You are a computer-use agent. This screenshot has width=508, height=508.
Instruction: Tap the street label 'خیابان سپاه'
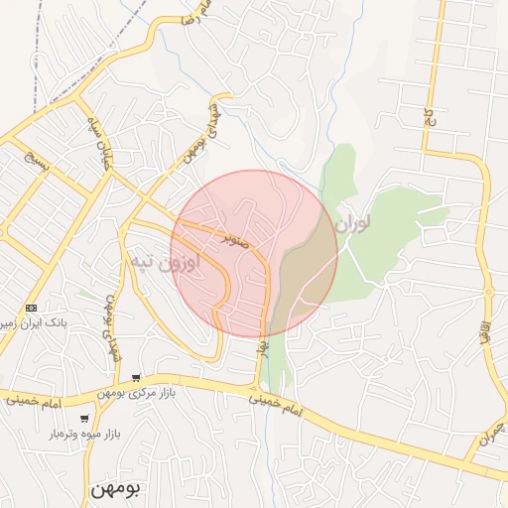(x=103, y=149)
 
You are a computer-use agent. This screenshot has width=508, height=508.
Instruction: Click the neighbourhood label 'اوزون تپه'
(x=164, y=264)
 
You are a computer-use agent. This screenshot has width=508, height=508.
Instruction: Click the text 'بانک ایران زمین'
(x=35, y=324)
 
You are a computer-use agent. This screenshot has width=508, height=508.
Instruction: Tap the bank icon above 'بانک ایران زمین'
(x=32, y=309)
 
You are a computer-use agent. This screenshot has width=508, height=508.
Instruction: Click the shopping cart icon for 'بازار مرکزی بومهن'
(x=135, y=378)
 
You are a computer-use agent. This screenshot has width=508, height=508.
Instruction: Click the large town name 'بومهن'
(x=117, y=488)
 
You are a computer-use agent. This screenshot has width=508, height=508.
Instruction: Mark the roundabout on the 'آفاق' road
(x=488, y=292)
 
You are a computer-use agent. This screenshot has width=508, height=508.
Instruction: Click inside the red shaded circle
(x=254, y=254)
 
